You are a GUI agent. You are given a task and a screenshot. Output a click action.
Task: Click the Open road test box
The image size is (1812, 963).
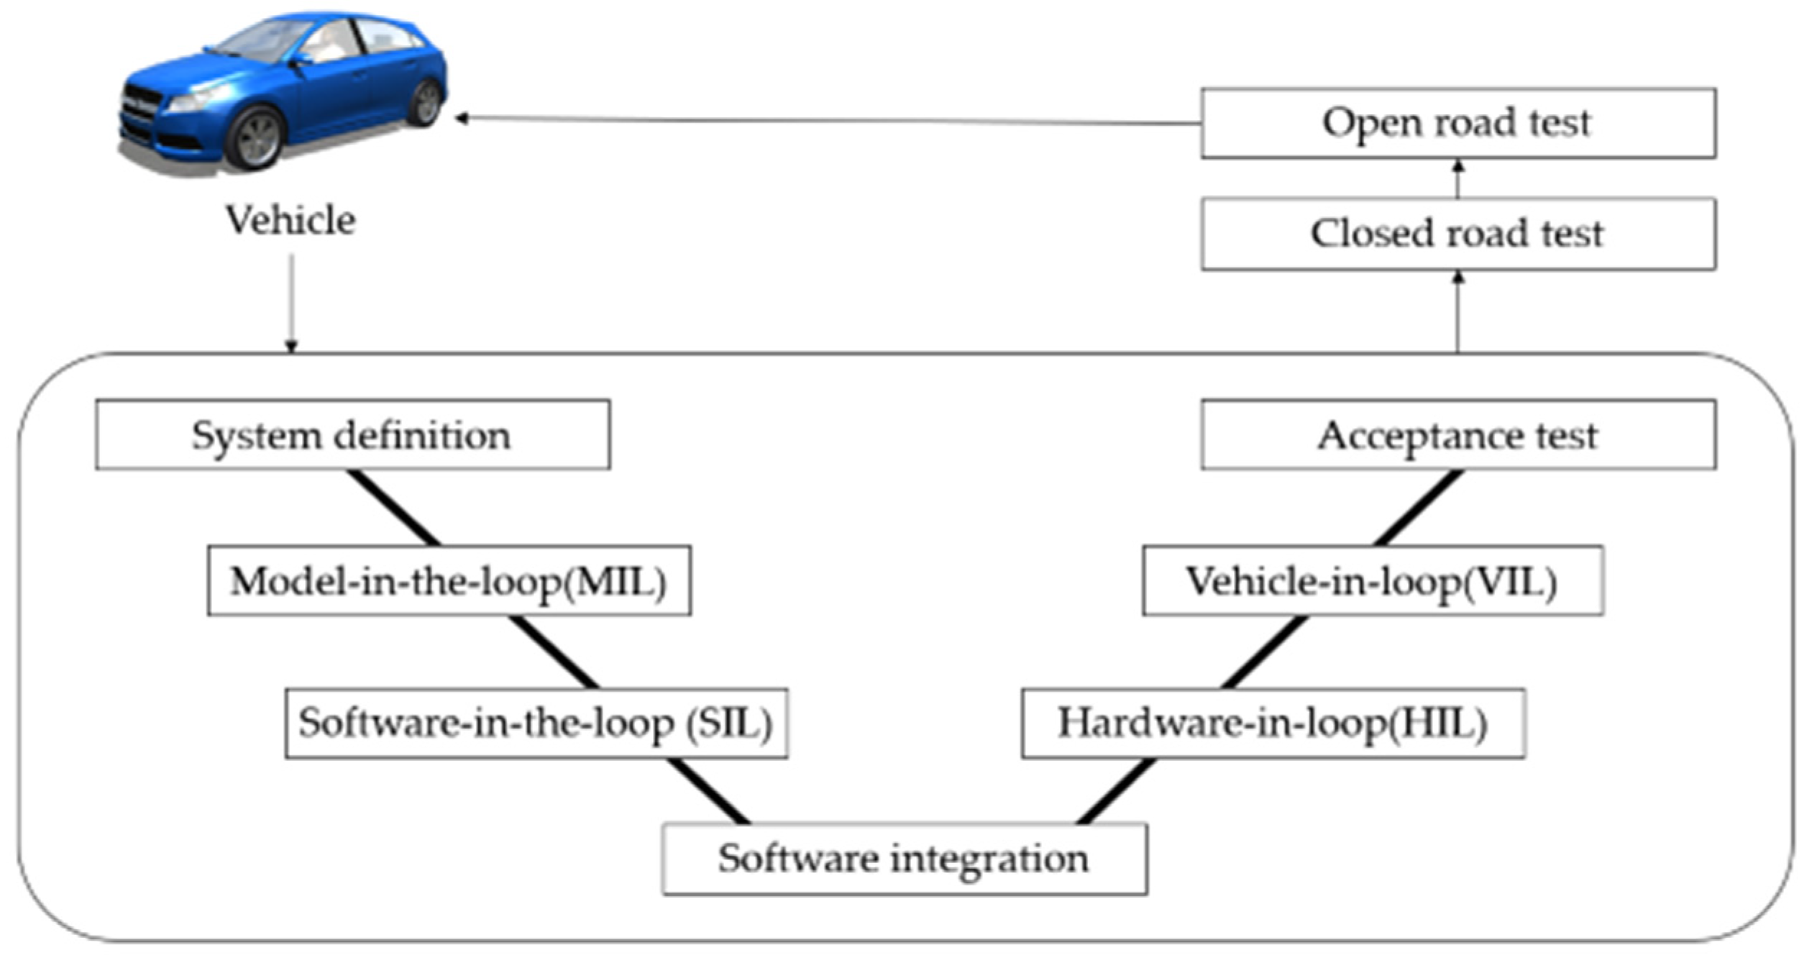[1458, 123]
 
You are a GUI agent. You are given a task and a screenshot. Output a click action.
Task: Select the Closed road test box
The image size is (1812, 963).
[1458, 234]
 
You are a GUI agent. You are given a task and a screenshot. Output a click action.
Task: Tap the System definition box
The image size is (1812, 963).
[352, 435]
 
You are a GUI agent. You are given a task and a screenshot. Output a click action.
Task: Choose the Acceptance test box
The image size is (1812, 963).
[1458, 435]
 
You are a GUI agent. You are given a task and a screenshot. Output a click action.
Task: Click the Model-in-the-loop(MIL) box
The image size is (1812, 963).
[449, 580]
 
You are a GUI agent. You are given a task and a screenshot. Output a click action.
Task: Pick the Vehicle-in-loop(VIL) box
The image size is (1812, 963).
[1372, 580]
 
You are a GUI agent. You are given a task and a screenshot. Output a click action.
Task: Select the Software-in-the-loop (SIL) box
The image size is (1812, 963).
[536, 723]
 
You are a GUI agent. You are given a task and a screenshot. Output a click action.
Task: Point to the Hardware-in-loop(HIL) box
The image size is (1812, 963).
[1273, 723]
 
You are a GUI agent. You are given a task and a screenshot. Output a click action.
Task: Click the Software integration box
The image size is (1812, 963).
[904, 859]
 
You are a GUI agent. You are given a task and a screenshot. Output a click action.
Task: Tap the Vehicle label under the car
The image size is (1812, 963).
[290, 220]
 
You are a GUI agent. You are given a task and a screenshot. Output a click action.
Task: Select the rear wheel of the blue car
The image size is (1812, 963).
[426, 103]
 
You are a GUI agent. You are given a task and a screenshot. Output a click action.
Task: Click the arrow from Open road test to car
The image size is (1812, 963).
[827, 121]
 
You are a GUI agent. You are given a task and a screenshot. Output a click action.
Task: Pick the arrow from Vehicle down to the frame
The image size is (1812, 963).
[291, 302]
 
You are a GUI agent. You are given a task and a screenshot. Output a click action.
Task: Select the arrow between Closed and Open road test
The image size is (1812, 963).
[1458, 178]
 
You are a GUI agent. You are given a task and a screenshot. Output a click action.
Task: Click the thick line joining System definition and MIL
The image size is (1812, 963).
[393, 508]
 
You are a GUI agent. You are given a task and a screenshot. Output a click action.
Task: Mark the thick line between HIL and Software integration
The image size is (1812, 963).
[1117, 791]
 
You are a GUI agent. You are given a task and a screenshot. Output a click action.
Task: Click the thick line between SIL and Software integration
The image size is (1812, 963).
[708, 791]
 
